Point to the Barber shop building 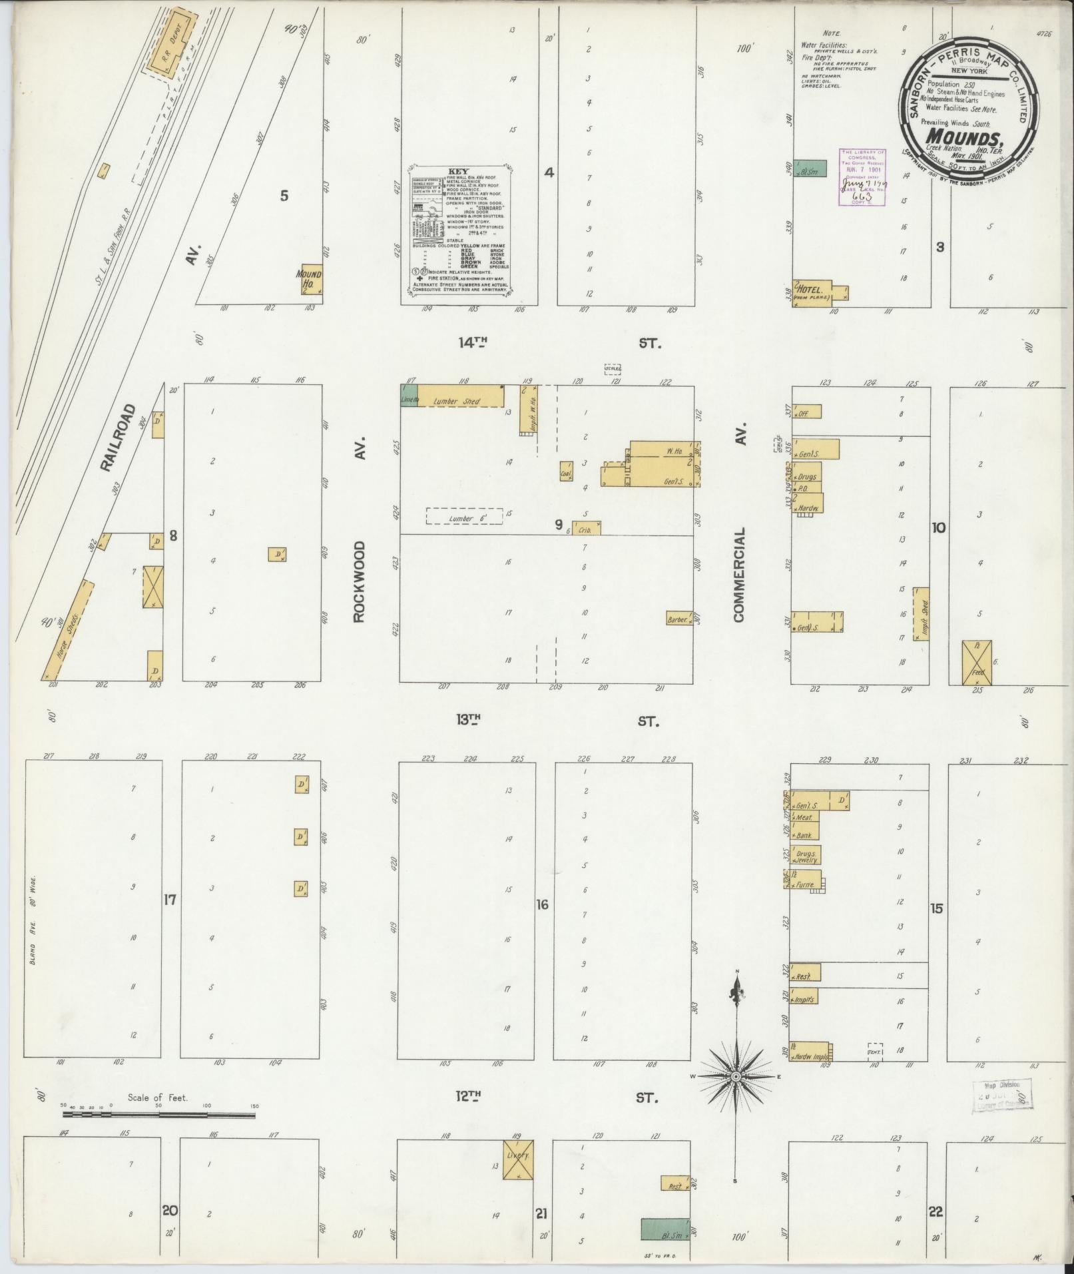tap(678, 618)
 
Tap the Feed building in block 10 tap(976, 663)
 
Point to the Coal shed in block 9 tap(567, 472)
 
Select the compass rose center tap(736, 1076)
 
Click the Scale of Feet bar tap(158, 1114)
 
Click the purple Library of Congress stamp tap(862, 176)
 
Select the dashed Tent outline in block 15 tap(875, 1052)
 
